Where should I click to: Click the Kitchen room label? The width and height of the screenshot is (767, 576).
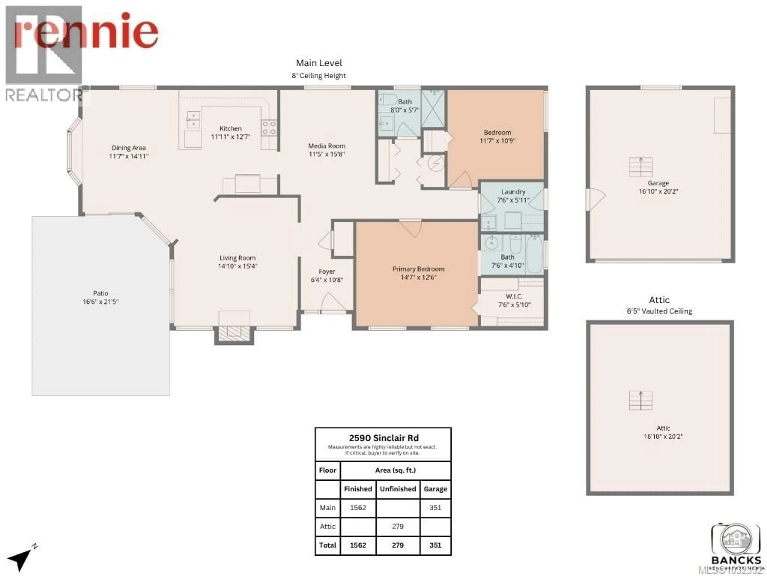click(230, 128)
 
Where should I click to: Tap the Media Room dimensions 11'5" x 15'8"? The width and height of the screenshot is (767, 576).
click(326, 154)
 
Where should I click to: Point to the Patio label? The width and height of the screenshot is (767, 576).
click(100, 293)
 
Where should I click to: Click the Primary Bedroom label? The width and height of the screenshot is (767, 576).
click(418, 269)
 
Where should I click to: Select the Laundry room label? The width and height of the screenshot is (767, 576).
click(513, 192)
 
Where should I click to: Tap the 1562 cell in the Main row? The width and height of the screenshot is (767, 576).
click(358, 508)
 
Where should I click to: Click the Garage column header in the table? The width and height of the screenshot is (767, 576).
click(435, 489)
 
